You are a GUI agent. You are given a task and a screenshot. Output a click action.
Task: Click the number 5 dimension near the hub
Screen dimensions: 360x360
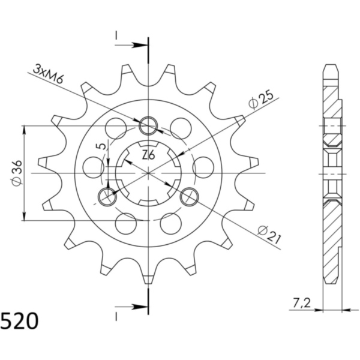tap(103, 146)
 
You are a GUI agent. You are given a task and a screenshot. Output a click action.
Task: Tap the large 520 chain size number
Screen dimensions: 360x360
tap(20, 322)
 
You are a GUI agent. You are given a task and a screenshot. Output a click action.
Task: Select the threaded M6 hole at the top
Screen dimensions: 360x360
tap(148, 127)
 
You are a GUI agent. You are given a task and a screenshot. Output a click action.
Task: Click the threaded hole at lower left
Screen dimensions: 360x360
tap(107, 196)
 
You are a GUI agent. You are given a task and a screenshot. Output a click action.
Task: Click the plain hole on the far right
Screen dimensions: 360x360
tap(204, 167)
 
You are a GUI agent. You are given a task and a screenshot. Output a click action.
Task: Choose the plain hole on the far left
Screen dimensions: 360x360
tap(92, 167)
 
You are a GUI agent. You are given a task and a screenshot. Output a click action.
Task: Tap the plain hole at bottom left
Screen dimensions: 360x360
tap(125, 223)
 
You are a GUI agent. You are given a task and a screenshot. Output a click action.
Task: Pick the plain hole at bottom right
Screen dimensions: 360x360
tap(171, 223)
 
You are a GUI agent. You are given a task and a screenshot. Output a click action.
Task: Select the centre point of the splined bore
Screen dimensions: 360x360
tap(148, 173)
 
